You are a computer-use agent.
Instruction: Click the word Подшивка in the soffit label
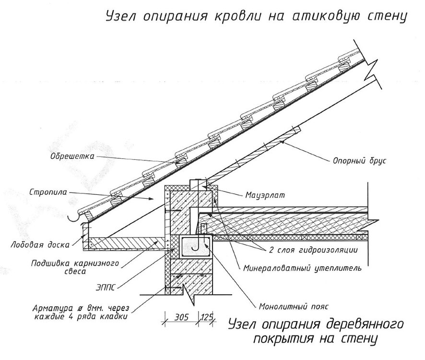(x=50, y=264)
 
